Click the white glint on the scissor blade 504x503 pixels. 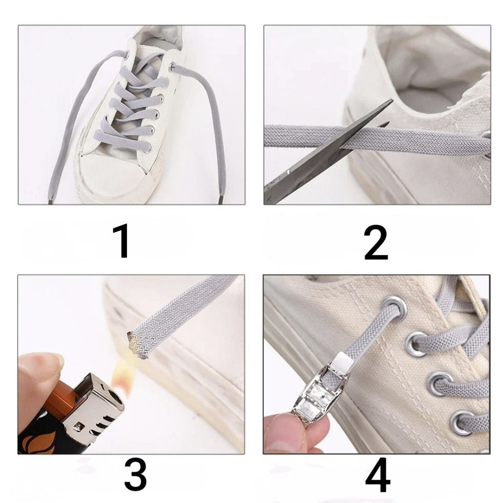coord(288,171)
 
